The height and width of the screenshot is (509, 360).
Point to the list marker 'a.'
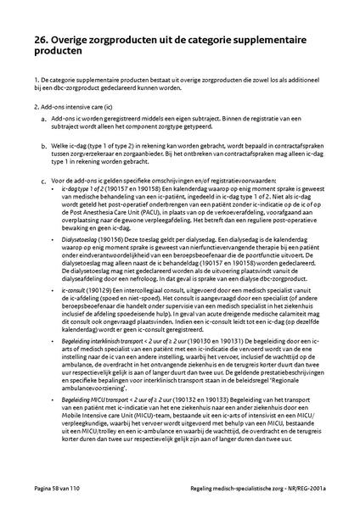click(x=43, y=120)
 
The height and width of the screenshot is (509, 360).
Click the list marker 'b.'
click(x=43, y=147)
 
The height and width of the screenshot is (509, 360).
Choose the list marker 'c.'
click(x=43, y=180)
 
